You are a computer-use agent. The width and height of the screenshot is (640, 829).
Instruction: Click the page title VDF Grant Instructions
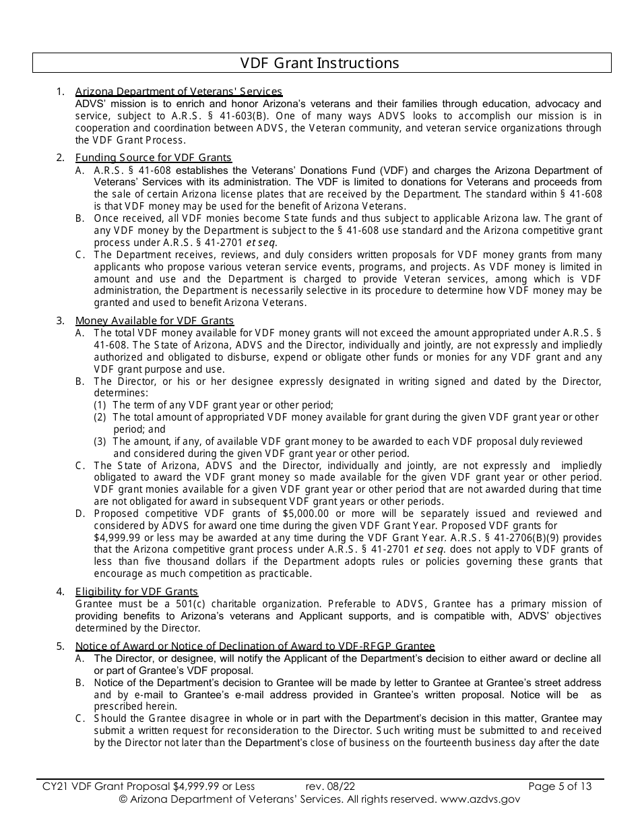[320, 63]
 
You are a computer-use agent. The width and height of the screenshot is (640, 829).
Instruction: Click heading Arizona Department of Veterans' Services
[179, 92]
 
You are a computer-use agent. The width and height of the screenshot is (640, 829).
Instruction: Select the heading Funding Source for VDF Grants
[153, 158]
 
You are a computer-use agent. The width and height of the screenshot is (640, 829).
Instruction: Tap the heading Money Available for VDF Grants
[154, 321]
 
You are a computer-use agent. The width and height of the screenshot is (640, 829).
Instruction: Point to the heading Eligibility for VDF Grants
[136, 592]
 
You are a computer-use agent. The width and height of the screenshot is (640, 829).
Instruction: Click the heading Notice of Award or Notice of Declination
[255, 646]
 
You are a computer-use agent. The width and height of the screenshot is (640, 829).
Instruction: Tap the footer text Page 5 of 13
[560, 786]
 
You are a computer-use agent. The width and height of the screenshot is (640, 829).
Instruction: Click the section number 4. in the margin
[61, 592]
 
